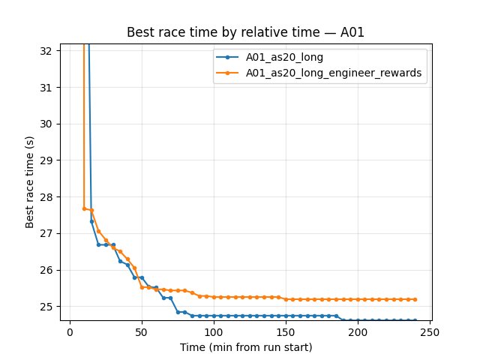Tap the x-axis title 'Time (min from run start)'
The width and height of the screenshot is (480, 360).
(x=246, y=347)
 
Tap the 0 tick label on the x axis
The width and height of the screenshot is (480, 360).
(x=70, y=332)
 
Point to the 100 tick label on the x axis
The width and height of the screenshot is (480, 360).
(x=214, y=332)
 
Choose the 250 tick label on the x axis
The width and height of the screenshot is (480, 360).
(x=430, y=332)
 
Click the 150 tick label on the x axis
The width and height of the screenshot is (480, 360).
(x=286, y=332)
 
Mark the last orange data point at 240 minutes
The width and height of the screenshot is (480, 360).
(x=415, y=299)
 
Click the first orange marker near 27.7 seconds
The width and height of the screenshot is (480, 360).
(x=85, y=208)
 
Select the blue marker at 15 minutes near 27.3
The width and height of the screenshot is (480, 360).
(x=91, y=221)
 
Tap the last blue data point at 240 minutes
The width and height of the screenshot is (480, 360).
(x=415, y=320)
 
